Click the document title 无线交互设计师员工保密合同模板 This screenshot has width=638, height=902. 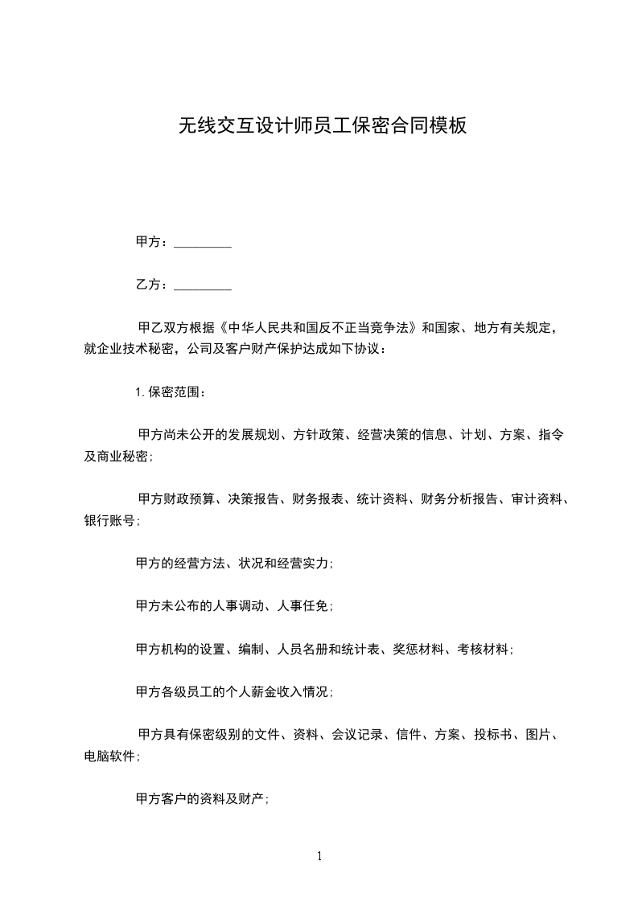(322, 126)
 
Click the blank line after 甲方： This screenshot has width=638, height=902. (203, 242)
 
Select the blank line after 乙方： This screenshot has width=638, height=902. (203, 285)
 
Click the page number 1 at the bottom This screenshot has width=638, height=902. (319, 856)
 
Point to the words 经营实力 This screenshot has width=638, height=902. (303, 564)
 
